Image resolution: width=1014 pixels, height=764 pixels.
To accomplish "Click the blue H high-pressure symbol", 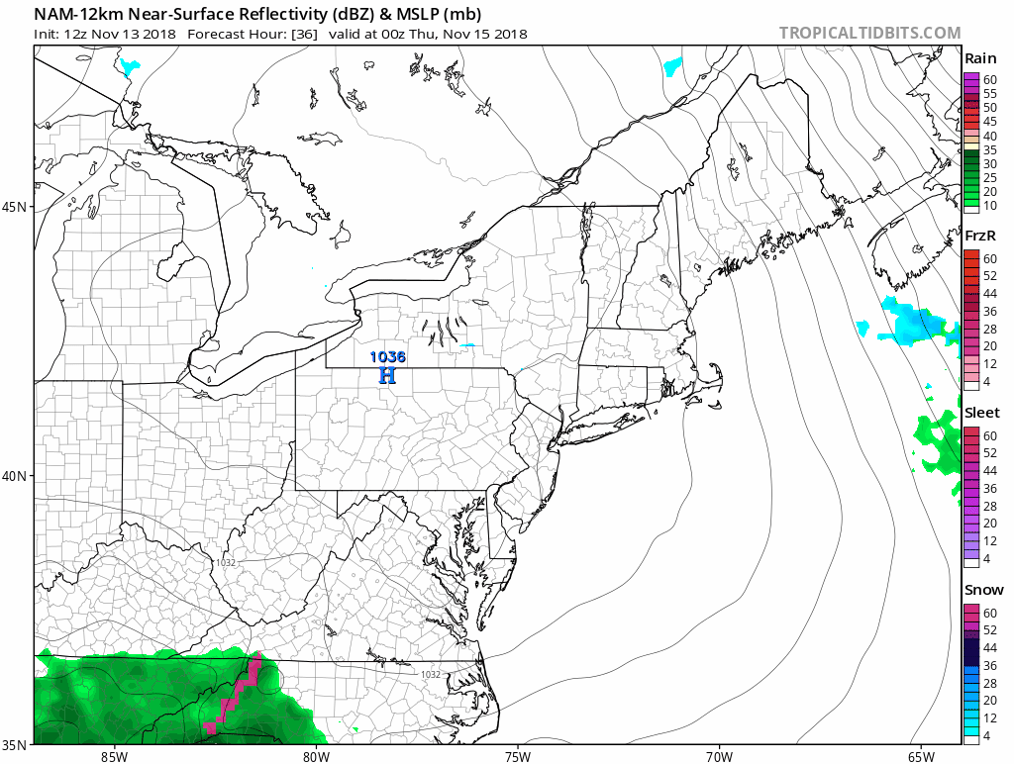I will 387,375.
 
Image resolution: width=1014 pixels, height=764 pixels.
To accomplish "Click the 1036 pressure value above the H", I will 387,357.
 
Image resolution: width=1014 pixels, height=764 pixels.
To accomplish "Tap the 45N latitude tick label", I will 15,207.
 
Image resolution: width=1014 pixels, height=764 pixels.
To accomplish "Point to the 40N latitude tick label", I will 15,476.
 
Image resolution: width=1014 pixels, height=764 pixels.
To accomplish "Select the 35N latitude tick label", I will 15,744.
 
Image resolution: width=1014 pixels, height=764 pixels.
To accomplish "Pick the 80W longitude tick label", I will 316,757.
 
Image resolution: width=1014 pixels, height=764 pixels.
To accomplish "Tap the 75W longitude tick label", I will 517,757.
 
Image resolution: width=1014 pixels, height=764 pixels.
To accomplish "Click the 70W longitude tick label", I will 719,757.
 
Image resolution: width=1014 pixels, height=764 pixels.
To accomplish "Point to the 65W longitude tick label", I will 920,757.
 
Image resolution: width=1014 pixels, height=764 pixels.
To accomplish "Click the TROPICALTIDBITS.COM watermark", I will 869,33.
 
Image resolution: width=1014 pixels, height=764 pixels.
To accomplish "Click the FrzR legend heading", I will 981,237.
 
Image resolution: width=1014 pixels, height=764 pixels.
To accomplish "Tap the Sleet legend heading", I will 982,413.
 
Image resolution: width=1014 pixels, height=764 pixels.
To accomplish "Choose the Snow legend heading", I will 983,590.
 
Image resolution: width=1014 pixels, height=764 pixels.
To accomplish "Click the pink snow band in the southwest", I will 236,693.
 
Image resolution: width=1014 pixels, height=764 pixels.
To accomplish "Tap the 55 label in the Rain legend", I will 989,93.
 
